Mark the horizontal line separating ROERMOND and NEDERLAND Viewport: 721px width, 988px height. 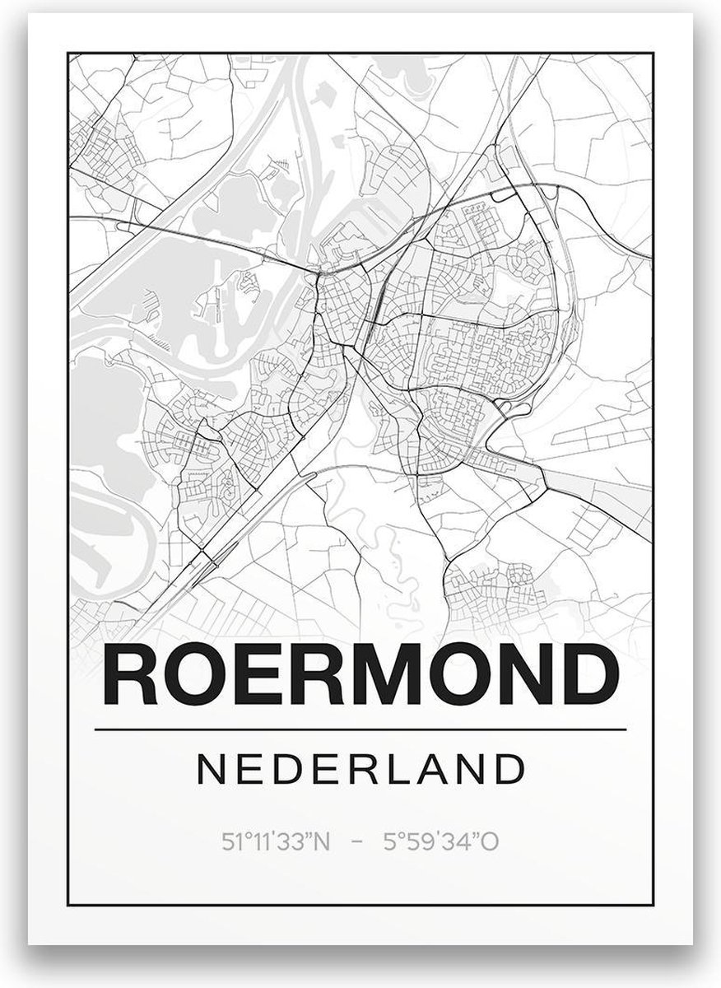[x=360, y=729]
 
